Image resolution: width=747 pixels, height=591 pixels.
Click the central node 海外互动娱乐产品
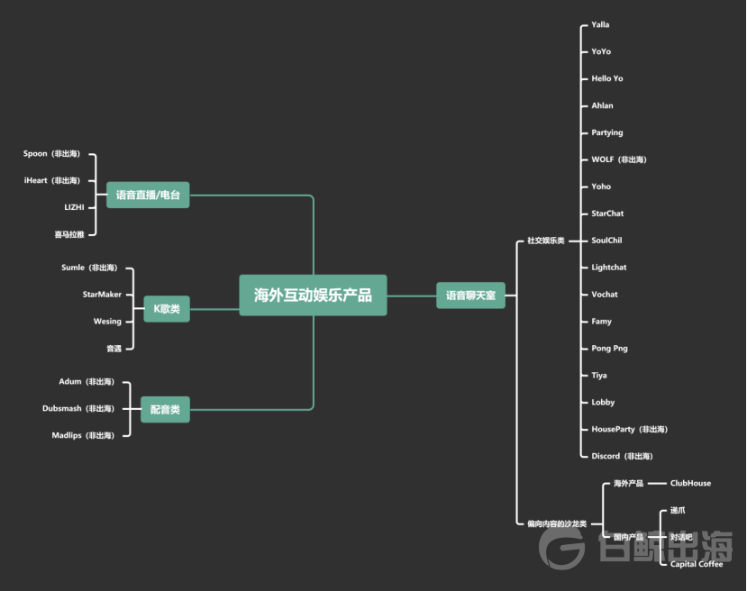coord(313,295)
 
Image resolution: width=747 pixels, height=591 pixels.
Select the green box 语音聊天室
coord(470,295)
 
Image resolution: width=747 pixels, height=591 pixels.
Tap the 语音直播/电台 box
coord(148,195)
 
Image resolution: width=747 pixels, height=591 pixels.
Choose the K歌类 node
coord(167,309)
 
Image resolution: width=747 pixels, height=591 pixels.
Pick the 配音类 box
coord(166,409)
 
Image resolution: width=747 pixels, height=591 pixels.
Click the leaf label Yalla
coord(600,24)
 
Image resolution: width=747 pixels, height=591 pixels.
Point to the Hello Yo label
coord(606,78)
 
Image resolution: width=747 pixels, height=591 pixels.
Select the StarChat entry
coord(607,214)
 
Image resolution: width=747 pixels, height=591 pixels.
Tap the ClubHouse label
coord(690,483)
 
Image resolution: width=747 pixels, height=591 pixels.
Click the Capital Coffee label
coord(697,564)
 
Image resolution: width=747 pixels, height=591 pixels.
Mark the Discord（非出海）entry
coord(622,456)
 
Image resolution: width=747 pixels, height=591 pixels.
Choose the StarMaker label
coord(102,294)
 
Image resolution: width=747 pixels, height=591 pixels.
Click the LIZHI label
coord(74,207)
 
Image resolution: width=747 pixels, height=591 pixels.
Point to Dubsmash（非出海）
coord(78,408)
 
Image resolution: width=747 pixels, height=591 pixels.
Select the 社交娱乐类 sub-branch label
coord(545,241)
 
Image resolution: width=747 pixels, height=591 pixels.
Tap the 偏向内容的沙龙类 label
coord(557,523)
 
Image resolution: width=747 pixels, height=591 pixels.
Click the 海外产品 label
coord(628,483)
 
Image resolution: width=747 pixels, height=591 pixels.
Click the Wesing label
coord(107,321)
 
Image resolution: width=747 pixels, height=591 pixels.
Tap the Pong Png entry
coord(610,348)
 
